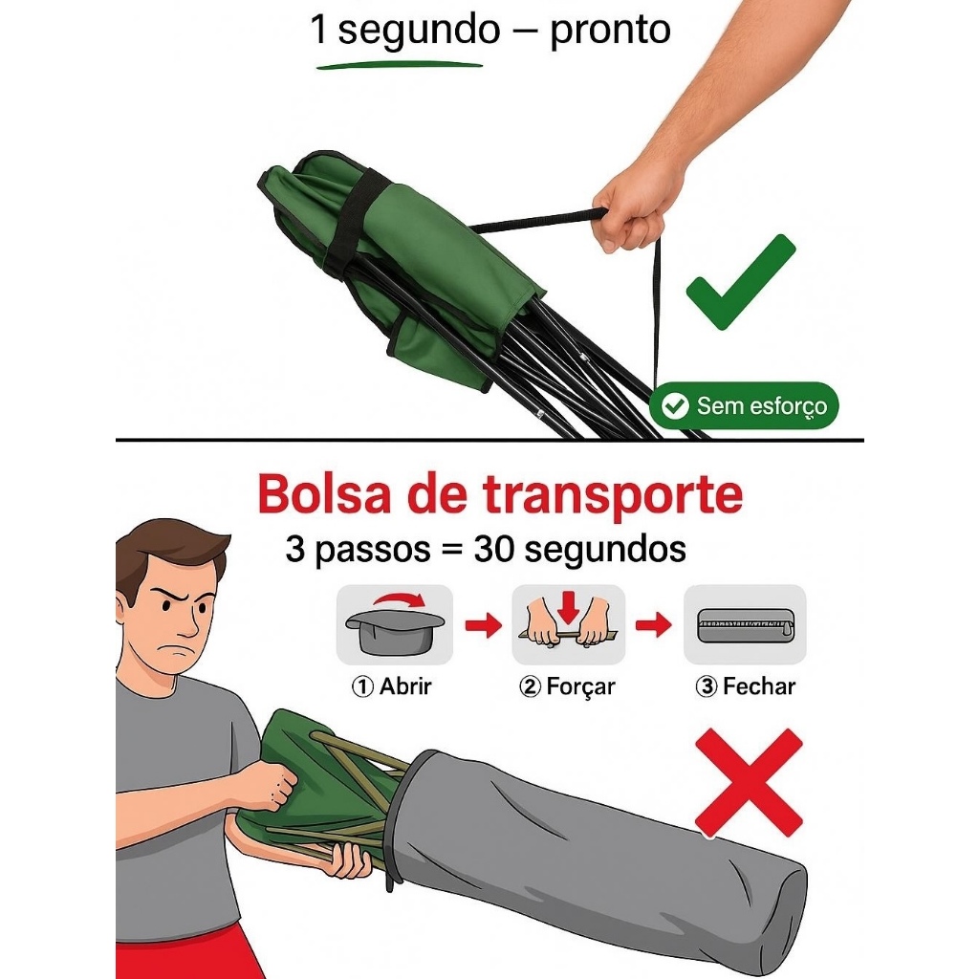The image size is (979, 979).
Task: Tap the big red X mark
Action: [749, 783]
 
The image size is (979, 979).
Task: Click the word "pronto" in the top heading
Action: [610, 31]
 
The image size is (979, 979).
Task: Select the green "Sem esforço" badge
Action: [744, 405]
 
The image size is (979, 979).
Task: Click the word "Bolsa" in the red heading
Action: [325, 494]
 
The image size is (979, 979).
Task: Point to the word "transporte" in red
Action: [613, 496]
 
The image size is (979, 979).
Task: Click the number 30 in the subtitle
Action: [494, 550]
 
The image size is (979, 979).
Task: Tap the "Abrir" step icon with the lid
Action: [395, 624]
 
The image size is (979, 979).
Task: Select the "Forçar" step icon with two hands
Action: [568, 624]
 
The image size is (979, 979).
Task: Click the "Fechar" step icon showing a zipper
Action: [745, 624]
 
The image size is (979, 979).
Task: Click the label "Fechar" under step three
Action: [758, 686]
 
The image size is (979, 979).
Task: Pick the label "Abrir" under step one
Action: [405, 686]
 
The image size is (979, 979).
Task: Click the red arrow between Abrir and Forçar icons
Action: [483, 624]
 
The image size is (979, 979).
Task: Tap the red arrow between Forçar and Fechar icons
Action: [654, 624]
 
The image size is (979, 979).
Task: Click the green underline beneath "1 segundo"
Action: [400, 64]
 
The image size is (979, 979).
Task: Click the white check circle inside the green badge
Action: [675, 405]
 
